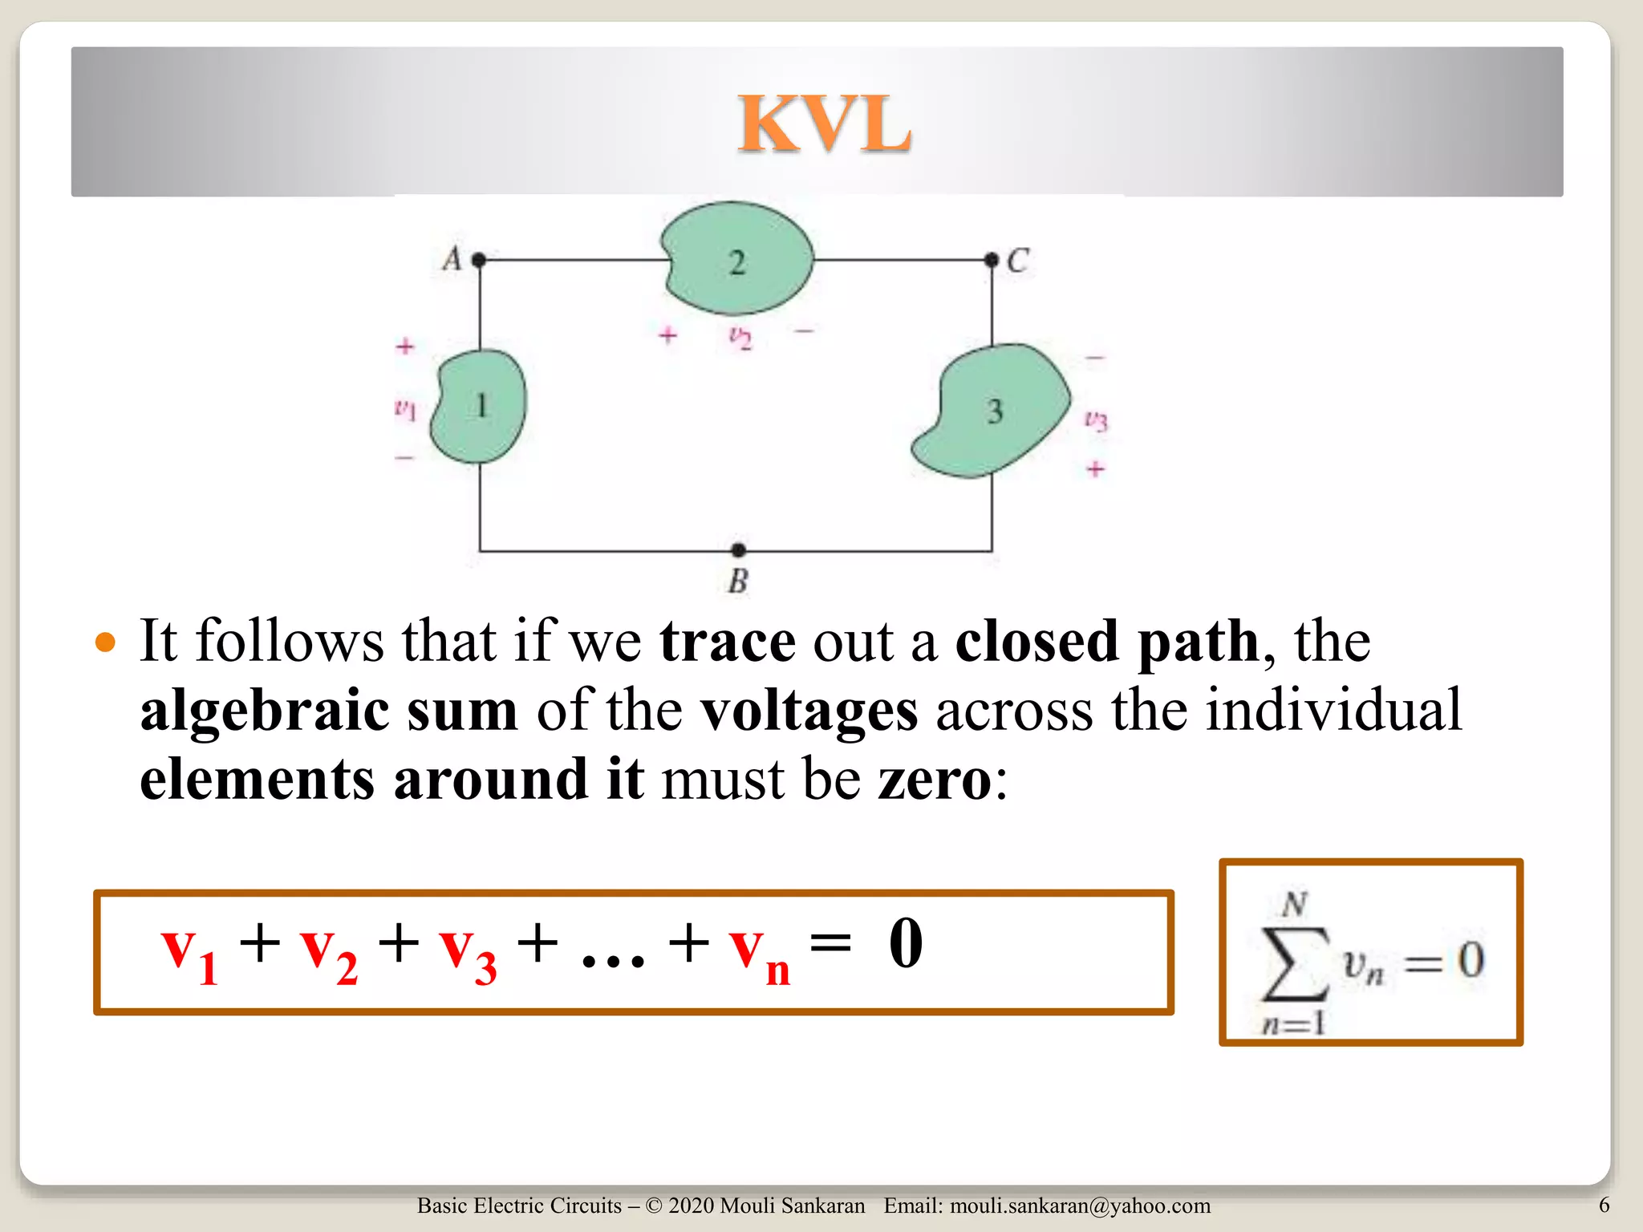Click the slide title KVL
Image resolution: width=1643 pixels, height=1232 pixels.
[x=825, y=124]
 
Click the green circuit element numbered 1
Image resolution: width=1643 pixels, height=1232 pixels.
[x=480, y=406]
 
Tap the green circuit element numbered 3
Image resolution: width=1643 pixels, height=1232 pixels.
[x=993, y=411]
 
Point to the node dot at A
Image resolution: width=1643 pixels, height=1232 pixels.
[x=479, y=260]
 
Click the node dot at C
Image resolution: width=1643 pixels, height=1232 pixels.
[x=992, y=260]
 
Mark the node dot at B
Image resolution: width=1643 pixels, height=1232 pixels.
[x=738, y=550]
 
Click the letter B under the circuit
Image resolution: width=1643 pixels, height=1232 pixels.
[x=738, y=582]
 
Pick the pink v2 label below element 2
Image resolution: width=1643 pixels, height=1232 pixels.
[x=740, y=337]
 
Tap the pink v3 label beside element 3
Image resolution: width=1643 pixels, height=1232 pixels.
[x=1096, y=419]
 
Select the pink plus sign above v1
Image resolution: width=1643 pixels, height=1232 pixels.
[x=405, y=346]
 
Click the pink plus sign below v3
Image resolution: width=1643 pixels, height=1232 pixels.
[x=1096, y=468]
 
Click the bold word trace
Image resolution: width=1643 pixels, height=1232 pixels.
[x=727, y=642]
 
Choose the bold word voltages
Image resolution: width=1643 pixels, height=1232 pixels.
[x=809, y=711]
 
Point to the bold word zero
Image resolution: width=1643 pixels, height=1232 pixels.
[x=935, y=780]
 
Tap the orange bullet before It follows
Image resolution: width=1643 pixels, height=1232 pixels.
[x=105, y=642]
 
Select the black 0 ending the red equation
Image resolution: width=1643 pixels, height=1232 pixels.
[x=906, y=944]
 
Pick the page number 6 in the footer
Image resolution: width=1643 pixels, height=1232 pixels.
[x=1604, y=1205]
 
